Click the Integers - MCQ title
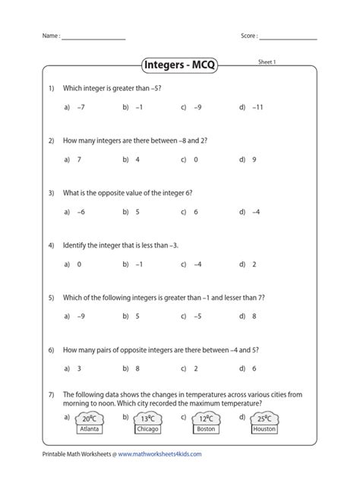180,65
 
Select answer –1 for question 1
139,108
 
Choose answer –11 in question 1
258,108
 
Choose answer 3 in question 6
79,368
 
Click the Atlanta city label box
89,429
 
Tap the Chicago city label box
147,429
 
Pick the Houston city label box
264,429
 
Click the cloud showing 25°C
264,418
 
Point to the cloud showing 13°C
147,418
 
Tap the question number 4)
51,246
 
